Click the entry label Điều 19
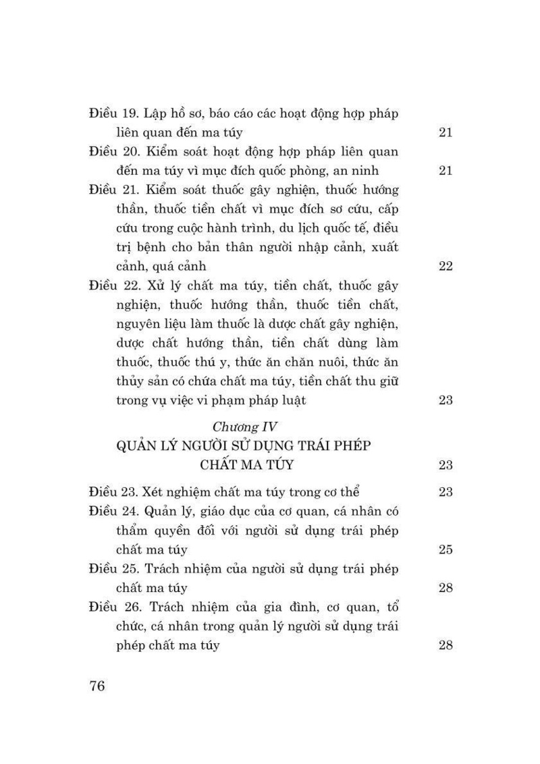point(114,113)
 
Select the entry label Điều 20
point(115,151)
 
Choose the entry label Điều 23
point(115,491)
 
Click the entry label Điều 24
point(115,511)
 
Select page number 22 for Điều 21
point(445,266)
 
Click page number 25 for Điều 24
point(445,549)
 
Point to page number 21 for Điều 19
point(445,132)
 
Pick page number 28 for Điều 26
point(445,645)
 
